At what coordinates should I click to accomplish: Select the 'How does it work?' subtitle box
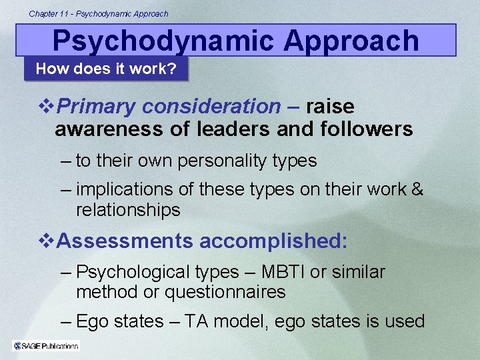pyautogui.click(x=106, y=69)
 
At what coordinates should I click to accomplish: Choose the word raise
pyautogui.click(x=330, y=106)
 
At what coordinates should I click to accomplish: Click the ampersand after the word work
pyautogui.click(x=418, y=189)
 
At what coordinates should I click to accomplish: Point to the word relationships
pyautogui.click(x=128, y=210)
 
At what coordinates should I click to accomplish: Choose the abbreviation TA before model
pyautogui.click(x=197, y=321)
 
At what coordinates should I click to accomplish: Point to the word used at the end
pyautogui.click(x=403, y=321)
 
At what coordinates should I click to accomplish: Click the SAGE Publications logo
pyautogui.click(x=46, y=345)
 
